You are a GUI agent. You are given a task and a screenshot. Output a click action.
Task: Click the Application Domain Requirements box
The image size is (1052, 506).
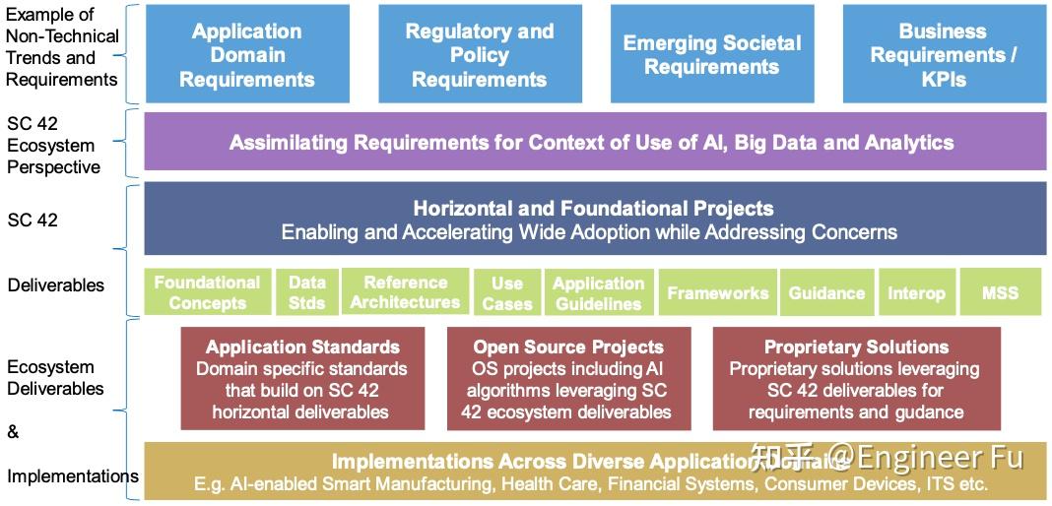pyautogui.click(x=247, y=54)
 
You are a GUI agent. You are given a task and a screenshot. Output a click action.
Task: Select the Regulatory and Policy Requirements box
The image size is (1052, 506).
pyautogui.click(x=479, y=54)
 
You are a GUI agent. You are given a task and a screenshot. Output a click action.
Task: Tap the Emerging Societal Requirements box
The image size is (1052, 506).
pyautogui.click(x=711, y=54)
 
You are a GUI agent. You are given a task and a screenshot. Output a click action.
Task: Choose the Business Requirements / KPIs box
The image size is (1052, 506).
pyautogui.click(x=944, y=54)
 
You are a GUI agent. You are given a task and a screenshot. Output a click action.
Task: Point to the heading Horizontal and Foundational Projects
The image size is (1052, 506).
pyautogui.click(x=593, y=208)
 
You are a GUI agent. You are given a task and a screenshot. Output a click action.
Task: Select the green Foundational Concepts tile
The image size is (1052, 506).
pyautogui.click(x=207, y=292)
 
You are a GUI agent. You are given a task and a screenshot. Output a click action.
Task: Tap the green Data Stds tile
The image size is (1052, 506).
pyautogui.click(x=306, y=292)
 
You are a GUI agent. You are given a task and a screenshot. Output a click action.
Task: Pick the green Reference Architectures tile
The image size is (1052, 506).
pyautogui.click(x=405, y=292)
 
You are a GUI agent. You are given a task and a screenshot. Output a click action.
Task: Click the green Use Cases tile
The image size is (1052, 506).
pyautogui.click(x=506, y=292)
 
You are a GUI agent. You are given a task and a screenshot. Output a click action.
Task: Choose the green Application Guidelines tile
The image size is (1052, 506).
pyautogui.click(x=598, y=292)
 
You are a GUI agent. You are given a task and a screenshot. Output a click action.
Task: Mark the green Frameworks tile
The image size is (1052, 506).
pyautogui.click(x=717, y=292)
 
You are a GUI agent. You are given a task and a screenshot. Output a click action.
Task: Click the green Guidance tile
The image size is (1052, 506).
pyautogui.click(x=826, y=292)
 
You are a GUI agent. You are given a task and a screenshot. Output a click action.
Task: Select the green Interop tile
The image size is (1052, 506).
pyautogui.click(x=915, y=292)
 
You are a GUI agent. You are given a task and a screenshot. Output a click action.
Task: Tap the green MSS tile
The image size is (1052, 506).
pyautogui.click(x=1000, y=292)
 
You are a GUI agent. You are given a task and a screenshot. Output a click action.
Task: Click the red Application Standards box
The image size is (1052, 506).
pyautogui.click(x=302, y=379)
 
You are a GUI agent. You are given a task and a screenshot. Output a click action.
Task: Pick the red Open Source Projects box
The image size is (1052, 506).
pyautogui.click(x=568, y=379)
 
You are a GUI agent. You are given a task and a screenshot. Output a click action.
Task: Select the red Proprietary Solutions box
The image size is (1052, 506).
pyautogui.click(x=856, y=379)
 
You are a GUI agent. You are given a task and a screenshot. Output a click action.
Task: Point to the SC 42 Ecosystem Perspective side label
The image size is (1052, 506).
pyautogui.click(x=53, y=145)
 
